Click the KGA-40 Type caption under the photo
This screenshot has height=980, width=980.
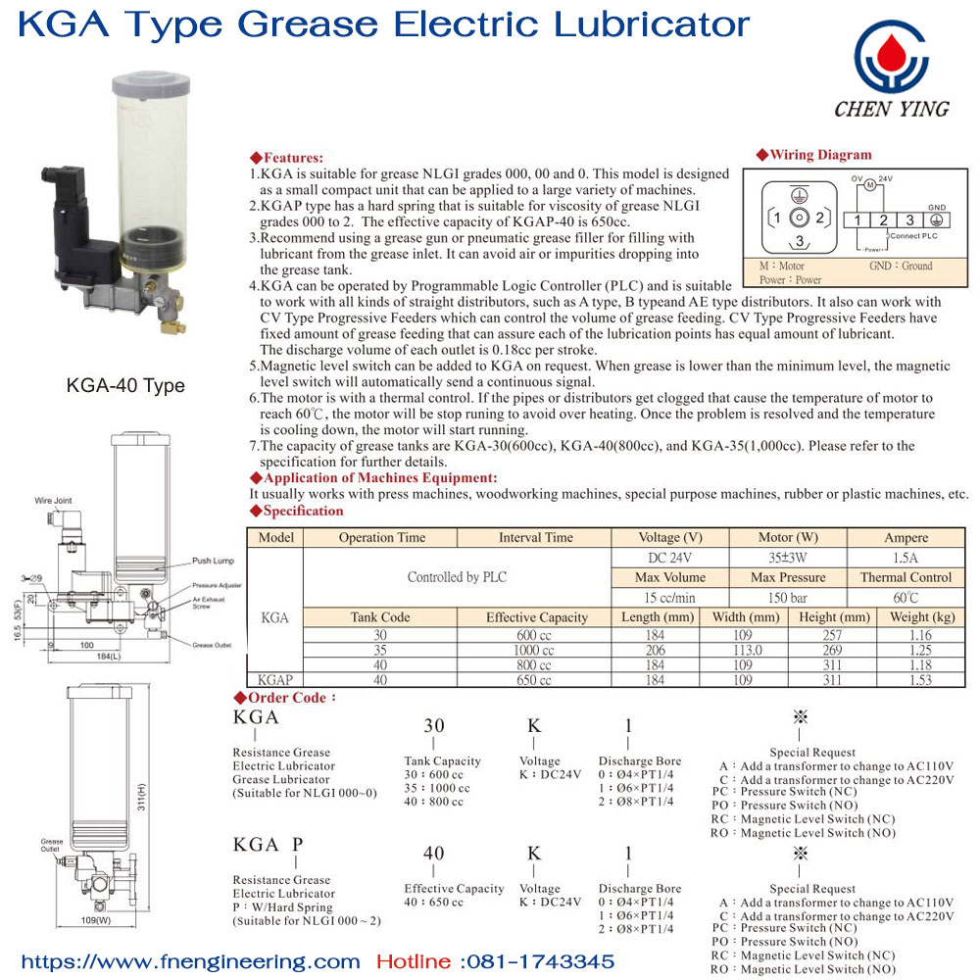[125, 385]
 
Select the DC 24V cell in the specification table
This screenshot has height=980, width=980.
[670, 558]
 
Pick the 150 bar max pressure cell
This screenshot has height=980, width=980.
[788, 598]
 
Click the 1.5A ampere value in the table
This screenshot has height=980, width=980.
[906, 558]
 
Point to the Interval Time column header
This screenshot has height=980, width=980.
[535, 538]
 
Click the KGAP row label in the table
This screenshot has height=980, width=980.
[275, 679]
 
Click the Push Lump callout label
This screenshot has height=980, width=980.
[213, 562]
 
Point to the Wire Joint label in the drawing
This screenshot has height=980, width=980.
[53, 501]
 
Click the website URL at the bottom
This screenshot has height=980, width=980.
[191, 961]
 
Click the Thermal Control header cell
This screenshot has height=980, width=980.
[906, 577]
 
